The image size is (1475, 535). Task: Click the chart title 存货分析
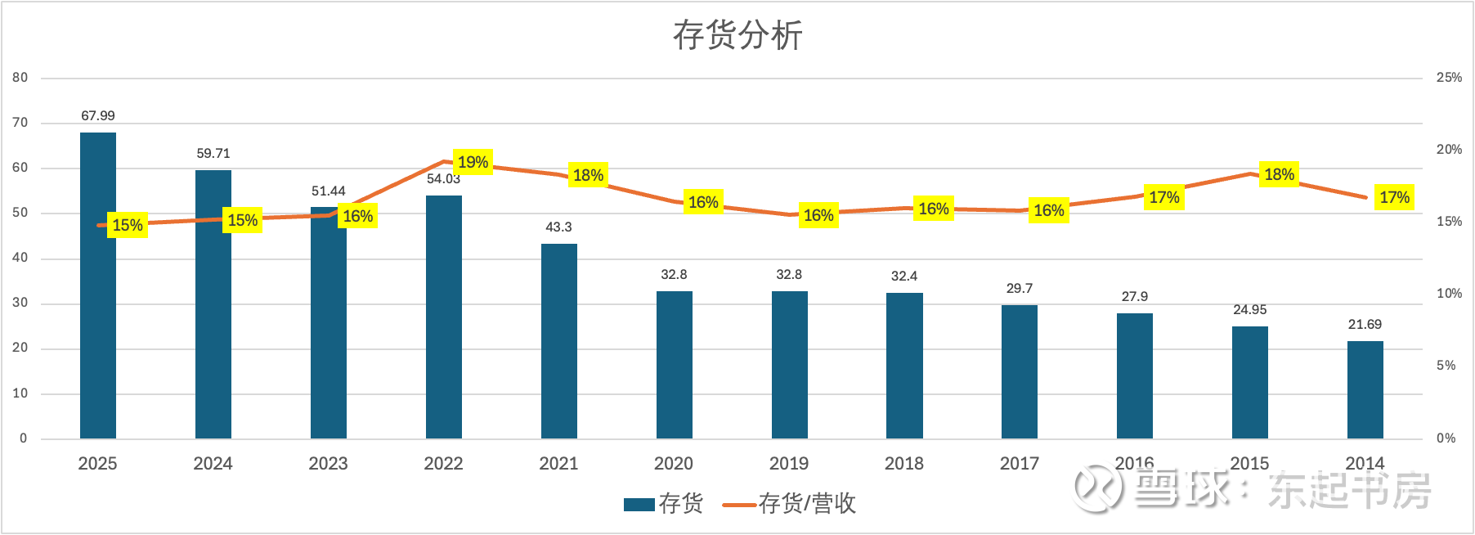tap(737, 35)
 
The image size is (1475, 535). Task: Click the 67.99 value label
tap(98, 116)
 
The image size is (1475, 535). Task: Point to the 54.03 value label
tap(443, 179)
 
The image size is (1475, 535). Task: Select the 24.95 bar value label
tap(1249, 310)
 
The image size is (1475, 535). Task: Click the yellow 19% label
tap(473, 162)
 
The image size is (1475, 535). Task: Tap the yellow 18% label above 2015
tap(1279, 174)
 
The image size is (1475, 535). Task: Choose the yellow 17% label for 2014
tap(1394, 197)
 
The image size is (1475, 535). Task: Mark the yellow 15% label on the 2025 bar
tap(128, 225)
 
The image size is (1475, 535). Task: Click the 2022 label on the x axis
tap(443, 464)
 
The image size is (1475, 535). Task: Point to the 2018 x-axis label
tap(904, 464)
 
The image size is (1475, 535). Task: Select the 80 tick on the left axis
tap(20, 78)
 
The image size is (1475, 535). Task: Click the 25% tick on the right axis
tap(1449, 78)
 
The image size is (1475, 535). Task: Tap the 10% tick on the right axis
tap(1449, 294)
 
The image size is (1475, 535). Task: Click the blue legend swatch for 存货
tap(639, 504)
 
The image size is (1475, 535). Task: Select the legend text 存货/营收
tap(807, 503)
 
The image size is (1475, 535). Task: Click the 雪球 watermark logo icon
tap(1096, 489)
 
